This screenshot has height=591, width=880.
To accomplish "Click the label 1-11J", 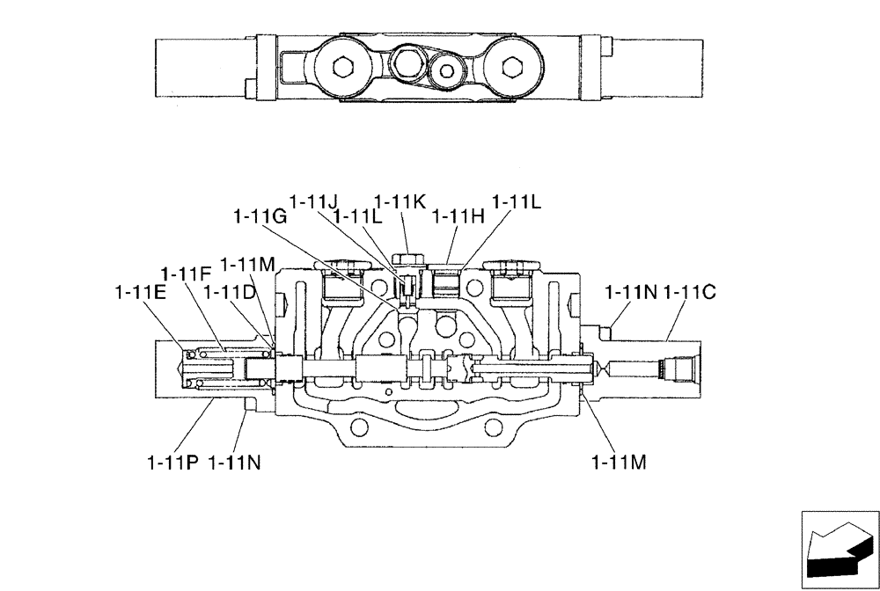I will click(x=314, y=201).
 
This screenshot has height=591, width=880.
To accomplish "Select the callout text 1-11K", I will click(x=400, y=201).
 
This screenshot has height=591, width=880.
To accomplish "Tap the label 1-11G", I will click(x=260, y=216).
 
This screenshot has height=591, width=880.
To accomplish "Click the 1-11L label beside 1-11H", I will click(x=516, y=201).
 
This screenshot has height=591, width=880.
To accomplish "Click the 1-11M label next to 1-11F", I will click(x=247, y=264).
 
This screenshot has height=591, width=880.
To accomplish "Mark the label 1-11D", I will click(x=231, y=291).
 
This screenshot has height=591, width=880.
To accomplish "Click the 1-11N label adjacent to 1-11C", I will click(x=631, y=291).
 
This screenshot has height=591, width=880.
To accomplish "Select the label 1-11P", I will click(x=173, y=461).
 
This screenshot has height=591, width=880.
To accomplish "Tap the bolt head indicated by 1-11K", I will click(x=408, y=258).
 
